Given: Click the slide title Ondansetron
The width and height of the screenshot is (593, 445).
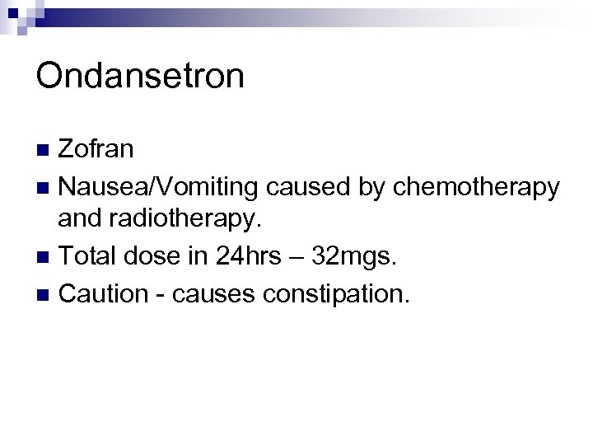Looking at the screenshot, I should coord(140,77).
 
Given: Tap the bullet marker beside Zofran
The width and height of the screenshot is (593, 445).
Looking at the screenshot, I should coord(45,150).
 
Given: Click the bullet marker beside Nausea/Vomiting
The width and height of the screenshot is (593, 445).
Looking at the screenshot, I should coord(45,187).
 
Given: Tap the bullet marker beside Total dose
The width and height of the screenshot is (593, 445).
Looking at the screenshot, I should coord(45,258).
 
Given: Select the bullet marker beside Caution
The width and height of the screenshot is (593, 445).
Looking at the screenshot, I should coord(45,294).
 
